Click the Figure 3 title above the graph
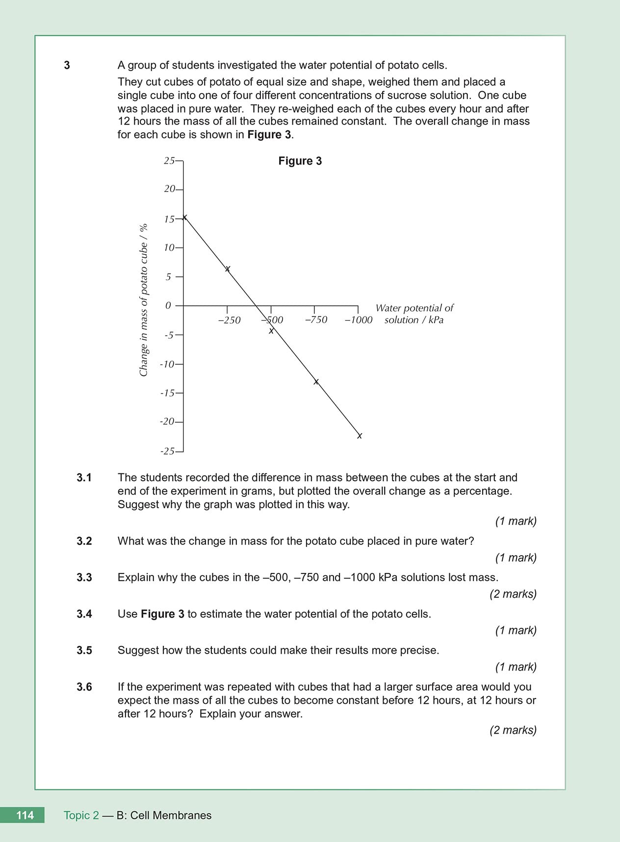coord(300,161)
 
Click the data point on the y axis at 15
coord(184,217)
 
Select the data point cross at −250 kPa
coord(228,269)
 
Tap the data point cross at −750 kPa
coord(316,381)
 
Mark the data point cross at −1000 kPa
coord(360,436)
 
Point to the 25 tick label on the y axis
coord(169,161)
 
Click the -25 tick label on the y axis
coord(167,451)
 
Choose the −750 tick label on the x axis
coord(316,320)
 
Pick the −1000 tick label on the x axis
coord(358,320)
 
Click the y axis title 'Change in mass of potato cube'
coord(143,300)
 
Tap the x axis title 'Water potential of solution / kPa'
coord(414,314)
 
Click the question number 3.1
coord(84,477)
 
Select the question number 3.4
coord(84,614)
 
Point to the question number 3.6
coord(84,687)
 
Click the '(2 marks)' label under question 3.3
coord(513,594)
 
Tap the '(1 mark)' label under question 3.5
coord(516,667)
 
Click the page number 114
coord(25,815)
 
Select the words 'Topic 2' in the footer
coord(81,816)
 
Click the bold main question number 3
coord(67,65)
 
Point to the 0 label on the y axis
coord(168,306)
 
